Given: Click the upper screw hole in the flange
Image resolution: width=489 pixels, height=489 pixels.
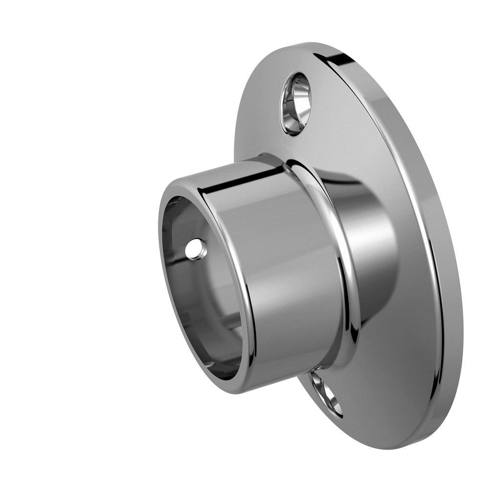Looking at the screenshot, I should coord(295,104).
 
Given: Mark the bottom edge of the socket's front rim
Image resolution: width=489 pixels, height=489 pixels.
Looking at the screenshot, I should coord(230,389).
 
